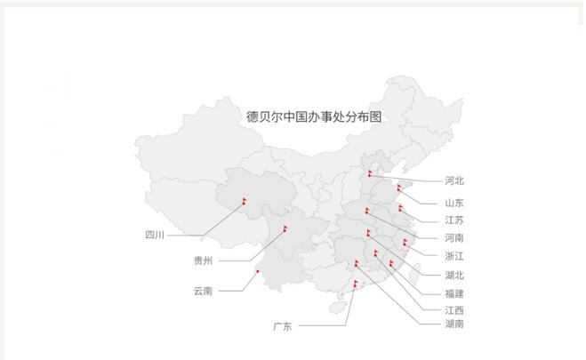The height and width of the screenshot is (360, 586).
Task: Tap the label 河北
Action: pos(454,181)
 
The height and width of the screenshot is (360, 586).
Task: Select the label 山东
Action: pos(454,203)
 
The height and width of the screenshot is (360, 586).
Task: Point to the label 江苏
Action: pos(454,220)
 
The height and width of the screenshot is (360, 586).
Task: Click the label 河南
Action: pos(454,238)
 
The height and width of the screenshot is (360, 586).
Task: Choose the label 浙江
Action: pos(454,256)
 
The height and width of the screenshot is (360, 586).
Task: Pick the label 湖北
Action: pos(454,276)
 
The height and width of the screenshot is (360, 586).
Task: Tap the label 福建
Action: pos(454,293)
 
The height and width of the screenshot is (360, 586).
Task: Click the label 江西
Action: pos(454,310)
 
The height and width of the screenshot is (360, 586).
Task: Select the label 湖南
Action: pos(454,324)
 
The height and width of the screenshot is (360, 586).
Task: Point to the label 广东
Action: pos(283,327)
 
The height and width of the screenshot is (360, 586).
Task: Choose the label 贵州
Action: pos(203,261)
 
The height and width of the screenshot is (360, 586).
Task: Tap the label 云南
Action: pos(203,291)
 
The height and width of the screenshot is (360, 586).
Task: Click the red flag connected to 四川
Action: pos(243,201)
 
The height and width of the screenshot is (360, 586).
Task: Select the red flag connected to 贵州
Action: pos(285,228)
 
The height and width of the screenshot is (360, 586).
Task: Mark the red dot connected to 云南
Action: pos(257,272)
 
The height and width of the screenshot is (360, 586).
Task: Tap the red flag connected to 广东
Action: pos(356,284)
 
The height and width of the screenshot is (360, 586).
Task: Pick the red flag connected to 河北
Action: pos(370,172)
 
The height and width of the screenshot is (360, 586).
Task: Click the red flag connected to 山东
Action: pos(399,187)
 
